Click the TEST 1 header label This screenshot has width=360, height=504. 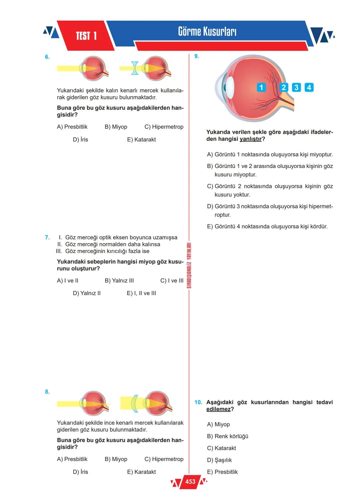(86, 36)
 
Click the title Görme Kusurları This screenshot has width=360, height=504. (207, 32)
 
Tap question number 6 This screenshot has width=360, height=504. (47, 57)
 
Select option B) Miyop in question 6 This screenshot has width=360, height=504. (116, 127)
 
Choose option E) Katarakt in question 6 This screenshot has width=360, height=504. (141, 140)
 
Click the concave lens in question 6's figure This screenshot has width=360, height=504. (135, 68)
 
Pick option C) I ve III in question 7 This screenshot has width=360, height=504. (172, 281)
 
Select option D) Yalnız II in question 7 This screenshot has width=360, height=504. (87, 293)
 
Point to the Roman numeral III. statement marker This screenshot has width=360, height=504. (59, 251)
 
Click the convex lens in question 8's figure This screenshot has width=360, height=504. (134, 403)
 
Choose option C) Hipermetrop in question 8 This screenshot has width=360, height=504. (164, 459)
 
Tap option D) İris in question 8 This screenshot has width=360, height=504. (80, 472)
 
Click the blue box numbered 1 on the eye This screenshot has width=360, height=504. (261, 87)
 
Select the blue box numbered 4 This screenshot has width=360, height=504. (309, 87)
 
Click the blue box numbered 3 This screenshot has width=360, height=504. (296, 87)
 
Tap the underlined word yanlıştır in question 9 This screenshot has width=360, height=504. (251, 139)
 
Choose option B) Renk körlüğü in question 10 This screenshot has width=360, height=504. (228, 436)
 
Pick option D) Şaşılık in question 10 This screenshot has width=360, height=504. (219, 460)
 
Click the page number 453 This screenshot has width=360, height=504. (190, 482)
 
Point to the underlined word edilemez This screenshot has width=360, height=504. (218, 409)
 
